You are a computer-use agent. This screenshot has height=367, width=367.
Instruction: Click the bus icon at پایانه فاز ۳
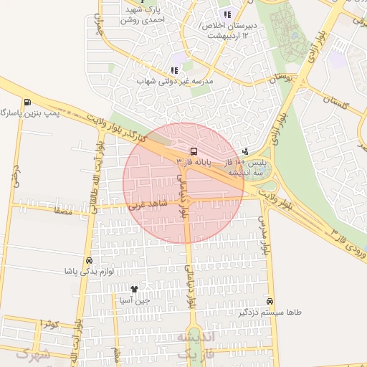click(194, 151)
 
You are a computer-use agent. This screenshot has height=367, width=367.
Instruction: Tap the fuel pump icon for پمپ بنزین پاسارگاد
click(27, 102)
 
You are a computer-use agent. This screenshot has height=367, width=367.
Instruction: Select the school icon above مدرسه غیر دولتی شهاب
click(173, 70)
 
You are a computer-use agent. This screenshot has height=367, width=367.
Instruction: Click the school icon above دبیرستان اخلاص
click(227, 14)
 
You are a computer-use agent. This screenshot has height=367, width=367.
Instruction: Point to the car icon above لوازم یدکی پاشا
click(88, 261)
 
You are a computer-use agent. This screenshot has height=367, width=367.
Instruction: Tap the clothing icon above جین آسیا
click(133, 289)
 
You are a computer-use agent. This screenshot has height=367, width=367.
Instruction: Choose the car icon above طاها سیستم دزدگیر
click(270, 302)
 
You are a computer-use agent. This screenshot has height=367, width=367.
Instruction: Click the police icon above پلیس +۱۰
click(246, 151)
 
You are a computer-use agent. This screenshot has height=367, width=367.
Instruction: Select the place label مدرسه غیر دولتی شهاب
click(176, 82)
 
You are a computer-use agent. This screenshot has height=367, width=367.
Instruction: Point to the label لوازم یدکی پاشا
click(70, 272)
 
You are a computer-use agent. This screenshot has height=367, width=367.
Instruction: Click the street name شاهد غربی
click(147, 204)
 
